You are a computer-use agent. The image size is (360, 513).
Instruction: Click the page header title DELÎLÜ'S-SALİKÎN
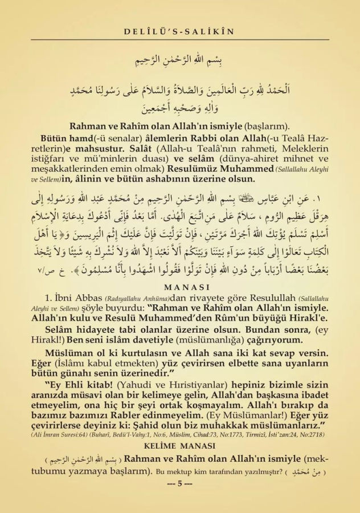pos(179,32)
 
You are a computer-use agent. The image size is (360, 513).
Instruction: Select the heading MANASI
pos(179,287)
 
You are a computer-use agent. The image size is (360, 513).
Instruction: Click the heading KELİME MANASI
pos(180,446)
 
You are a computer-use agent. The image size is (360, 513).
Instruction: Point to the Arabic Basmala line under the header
pos(179,59)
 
